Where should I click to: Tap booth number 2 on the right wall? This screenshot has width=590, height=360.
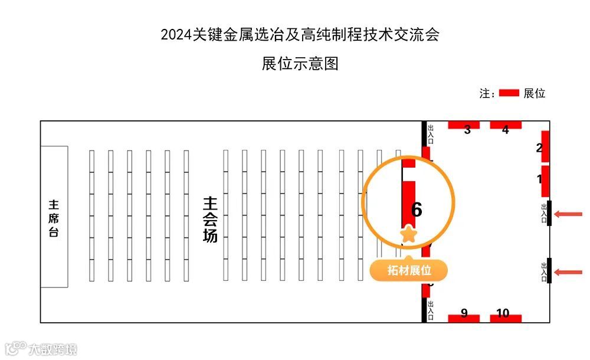coord(539,148)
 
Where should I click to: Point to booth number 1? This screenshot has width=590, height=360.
coord(539,178)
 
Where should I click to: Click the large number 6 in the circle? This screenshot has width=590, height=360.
coord(417,210)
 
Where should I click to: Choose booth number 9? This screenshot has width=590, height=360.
coord(464,313)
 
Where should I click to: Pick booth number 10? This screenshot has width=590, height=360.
coord(503,313)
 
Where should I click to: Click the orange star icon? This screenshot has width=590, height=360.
coord(408,234)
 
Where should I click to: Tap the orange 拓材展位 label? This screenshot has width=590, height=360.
coord(408,271)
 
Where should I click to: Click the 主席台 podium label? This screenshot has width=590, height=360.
coord(54,218)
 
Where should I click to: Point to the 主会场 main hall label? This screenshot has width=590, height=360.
coord(210,220)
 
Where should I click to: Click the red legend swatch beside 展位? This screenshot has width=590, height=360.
coord(509,93)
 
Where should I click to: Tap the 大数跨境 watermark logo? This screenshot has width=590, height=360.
coord(39,349)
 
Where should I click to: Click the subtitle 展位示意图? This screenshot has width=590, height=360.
coord(300,64)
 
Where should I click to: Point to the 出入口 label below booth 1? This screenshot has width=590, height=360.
coord(544,213)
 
